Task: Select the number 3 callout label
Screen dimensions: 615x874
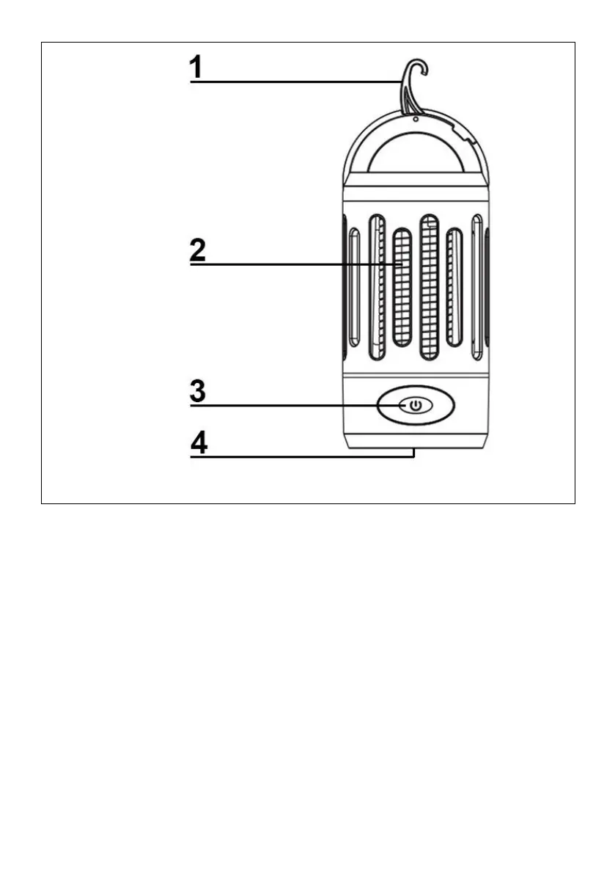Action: (x=197, y=390)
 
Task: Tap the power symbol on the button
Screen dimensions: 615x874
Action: (x=415, y=405)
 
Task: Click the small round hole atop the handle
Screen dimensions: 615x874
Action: (x=415, y=117)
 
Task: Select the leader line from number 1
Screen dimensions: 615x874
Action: (x=293, y=82)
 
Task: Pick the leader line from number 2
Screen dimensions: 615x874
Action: (x=293, y=264)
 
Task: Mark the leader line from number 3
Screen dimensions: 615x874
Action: (x=293, y=405)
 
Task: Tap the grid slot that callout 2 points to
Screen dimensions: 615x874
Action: (x=402, y=288)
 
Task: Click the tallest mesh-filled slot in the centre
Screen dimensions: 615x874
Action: (x=429, y=286)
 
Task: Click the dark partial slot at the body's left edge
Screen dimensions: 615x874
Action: (x=343, y=286)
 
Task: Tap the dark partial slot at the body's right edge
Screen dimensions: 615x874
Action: (x=487, y=286)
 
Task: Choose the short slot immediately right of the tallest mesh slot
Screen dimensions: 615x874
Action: (x=454, y=288)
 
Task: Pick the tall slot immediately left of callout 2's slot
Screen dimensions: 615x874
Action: (x=378, y=286)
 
